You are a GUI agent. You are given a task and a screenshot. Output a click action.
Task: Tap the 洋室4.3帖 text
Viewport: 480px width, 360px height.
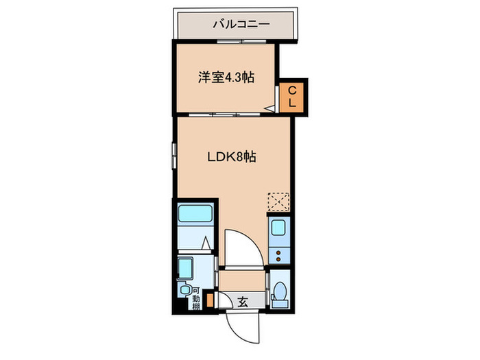[227, 77]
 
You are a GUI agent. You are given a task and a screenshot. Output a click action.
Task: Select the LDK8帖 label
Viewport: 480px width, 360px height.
[232, 156]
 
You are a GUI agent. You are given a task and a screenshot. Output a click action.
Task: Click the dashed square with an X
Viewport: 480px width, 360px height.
[278, 202]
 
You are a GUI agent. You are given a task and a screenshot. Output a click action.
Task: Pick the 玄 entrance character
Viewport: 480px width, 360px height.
[242, 300]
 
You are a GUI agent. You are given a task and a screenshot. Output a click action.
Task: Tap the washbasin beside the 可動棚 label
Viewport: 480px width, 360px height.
[184, 291]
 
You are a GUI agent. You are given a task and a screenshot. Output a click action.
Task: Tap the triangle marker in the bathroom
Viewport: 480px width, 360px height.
[207, 242]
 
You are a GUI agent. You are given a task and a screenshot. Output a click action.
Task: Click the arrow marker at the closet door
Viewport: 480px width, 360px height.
[269, 108]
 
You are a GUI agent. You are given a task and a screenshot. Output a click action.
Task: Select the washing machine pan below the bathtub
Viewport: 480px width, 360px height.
[186, 267]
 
